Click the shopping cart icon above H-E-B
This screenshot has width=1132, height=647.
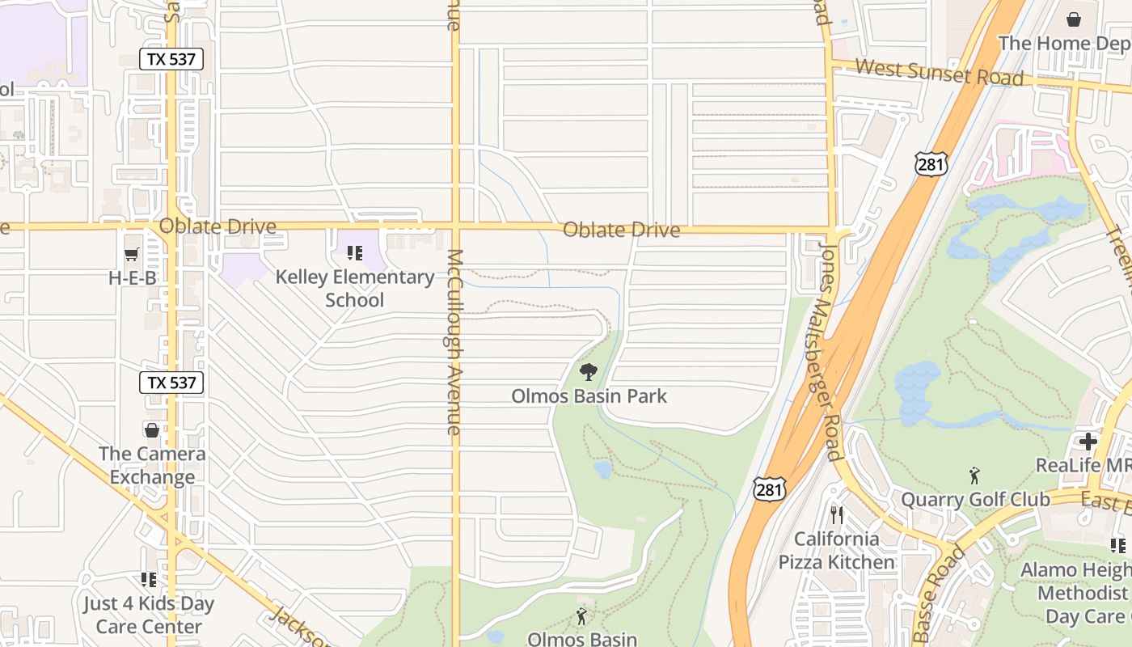click(132, 255)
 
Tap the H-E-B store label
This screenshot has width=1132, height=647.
click(132, 278)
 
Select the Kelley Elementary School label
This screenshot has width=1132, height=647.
click(355, 288)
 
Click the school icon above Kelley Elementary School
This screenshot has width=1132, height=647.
click(355, 254)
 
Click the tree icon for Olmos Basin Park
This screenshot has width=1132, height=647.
click(589, 372)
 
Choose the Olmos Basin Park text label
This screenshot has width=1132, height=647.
click(589, 396)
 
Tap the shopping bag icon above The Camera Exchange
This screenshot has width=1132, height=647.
click(151, 429)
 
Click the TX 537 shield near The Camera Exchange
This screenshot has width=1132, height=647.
click(171, 383)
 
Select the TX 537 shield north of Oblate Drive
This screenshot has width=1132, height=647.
click(171, 59)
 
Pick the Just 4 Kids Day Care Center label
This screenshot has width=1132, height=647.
click(149, 615)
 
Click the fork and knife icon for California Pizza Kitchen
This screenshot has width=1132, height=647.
click(836, 514)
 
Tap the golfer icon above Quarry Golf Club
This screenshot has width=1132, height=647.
click(974, 476)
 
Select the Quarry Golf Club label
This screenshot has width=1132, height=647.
click(975, 500)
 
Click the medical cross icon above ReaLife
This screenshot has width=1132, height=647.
click(1088, 442)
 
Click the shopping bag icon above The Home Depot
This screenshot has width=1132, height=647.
click(1074, 19)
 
